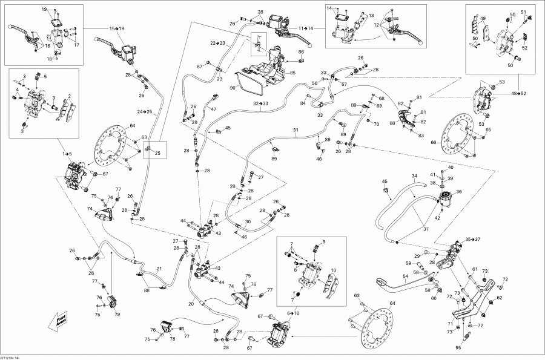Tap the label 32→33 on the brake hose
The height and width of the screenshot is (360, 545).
[261, 103]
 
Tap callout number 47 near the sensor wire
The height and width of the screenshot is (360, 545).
[213, 109]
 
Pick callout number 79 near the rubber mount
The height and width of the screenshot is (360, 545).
[117, 314]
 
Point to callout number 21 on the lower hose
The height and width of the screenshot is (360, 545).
[159, 269]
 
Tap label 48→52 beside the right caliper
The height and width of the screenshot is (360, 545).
[519, 94]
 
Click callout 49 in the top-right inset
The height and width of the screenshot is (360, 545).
[483, 19]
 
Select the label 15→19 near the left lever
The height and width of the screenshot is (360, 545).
[116, 28]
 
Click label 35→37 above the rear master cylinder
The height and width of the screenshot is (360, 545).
[473, 239]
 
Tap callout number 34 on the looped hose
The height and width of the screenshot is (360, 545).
[415, 176]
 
